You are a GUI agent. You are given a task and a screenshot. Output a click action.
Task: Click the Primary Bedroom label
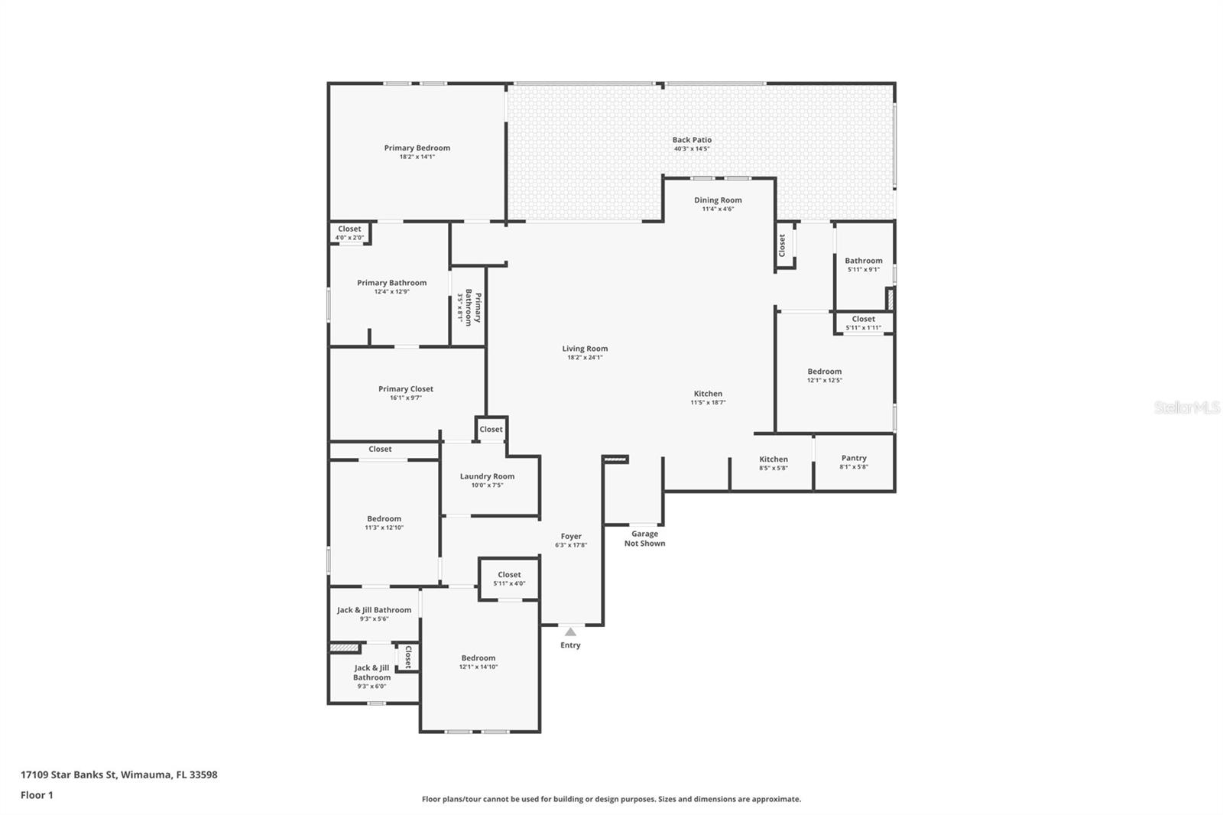417,148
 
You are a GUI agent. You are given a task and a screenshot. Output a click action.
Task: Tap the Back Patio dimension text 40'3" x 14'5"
691,149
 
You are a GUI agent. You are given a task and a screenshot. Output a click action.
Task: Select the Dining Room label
718,200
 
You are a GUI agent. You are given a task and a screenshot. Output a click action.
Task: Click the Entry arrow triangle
570,632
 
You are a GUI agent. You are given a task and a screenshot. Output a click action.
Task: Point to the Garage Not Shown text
644,539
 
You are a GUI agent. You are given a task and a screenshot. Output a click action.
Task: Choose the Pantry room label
854,458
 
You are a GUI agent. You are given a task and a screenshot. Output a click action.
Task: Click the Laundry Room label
487,476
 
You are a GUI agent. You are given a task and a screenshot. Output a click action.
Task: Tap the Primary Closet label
405,389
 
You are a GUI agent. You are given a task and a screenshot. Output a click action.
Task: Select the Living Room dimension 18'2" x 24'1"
585,358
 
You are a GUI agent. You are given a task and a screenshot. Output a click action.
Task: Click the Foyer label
571,537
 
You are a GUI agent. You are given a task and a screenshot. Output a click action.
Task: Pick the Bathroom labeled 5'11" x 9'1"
864,261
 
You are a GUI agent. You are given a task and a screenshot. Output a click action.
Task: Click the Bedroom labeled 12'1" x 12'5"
824,372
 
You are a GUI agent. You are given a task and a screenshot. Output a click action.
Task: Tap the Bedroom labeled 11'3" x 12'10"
384,519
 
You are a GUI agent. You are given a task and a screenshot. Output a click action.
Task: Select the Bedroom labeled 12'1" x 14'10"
478,658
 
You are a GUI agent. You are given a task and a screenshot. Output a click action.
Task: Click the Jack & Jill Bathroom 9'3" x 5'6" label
374,610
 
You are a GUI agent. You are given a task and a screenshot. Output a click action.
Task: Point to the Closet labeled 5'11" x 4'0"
509,575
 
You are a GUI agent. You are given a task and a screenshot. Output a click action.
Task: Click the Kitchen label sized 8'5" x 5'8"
774,459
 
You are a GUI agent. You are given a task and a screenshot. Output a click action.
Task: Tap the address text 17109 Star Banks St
69,774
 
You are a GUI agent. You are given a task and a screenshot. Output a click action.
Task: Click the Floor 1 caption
37,795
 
